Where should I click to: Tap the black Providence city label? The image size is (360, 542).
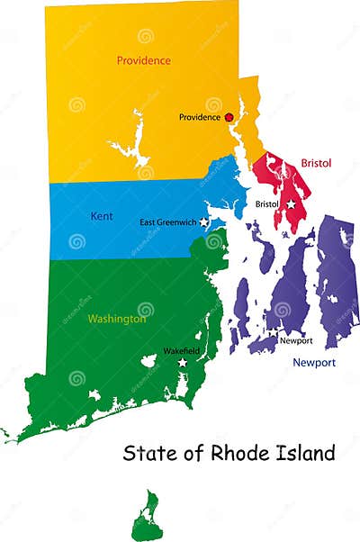coord(200,117)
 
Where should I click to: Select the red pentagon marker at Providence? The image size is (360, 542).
coord(229,116)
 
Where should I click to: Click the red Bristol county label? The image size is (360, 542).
coord(316,163)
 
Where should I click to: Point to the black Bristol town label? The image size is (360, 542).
coord(267,204)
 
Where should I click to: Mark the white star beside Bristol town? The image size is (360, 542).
coord(291,204)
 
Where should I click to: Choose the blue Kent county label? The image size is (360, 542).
coord(102,216)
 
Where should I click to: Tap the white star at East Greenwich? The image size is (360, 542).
coord(204,221)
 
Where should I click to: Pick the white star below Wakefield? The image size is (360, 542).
coord(183,362)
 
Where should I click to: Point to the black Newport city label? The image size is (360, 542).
coord(296,341)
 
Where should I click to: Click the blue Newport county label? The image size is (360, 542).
coord(314,363)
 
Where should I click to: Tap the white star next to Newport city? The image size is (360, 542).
coord(273,333)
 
